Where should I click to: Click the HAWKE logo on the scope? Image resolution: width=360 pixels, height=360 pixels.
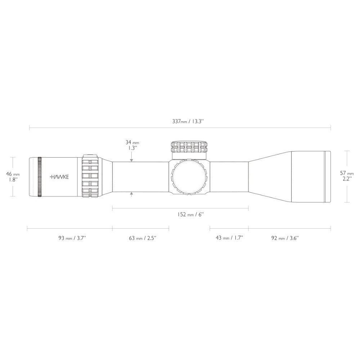tap(59, 177)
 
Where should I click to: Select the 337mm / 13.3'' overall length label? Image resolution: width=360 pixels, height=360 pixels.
tap(188, 121)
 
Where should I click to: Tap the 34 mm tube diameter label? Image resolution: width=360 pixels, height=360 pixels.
tap(132, 142)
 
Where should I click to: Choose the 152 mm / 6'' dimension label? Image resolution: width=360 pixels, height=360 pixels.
tap(190, 215)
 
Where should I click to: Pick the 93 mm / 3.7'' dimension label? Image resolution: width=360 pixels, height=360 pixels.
tap(72, 238)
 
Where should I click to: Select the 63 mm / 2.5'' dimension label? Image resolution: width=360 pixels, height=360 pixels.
tap(143, 238)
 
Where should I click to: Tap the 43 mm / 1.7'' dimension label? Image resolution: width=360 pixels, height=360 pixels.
tap(229, 238)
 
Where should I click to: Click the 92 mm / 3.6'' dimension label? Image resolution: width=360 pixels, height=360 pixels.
tap(285, 238)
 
